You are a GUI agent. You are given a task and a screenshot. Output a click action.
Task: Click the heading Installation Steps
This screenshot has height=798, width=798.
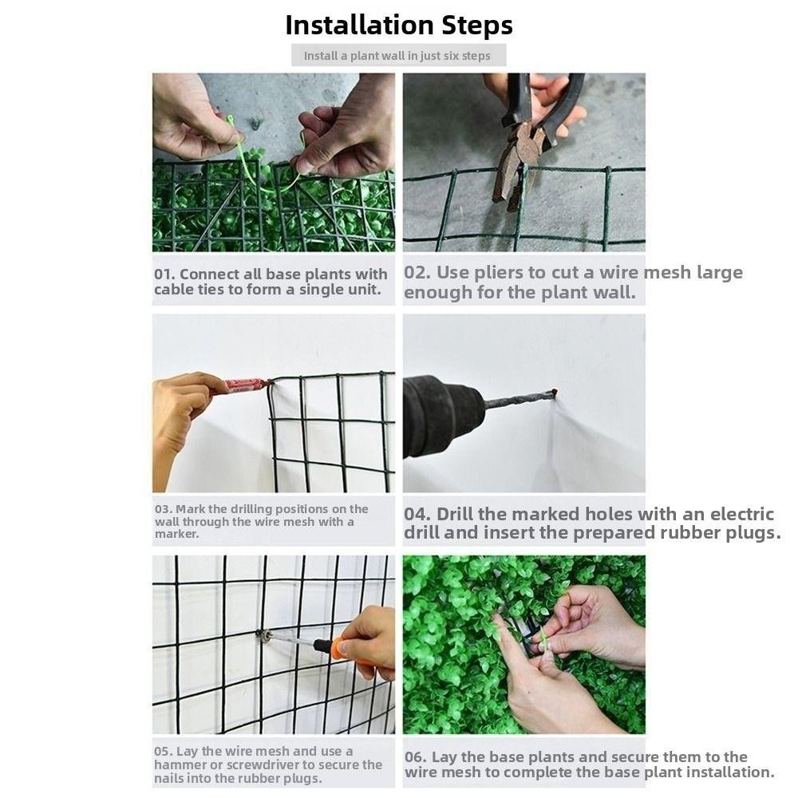(398, 26)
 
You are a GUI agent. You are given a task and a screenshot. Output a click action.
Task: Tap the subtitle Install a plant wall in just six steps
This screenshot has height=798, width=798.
(397, 56)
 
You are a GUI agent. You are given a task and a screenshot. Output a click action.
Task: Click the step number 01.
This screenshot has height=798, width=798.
(164, 275)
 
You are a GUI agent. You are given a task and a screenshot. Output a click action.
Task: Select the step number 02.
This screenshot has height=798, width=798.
(417, 272)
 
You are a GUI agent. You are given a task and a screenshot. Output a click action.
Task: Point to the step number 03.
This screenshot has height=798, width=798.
(164, 509)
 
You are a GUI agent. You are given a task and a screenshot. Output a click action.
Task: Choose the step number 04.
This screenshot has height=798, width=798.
(417, 514)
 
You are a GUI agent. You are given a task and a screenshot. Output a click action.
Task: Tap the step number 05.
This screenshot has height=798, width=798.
(164, 751)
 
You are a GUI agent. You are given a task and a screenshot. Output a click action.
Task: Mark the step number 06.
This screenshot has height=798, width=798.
(415, 757)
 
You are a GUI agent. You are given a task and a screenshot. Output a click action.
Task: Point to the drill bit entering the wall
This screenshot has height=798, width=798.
(520, 399)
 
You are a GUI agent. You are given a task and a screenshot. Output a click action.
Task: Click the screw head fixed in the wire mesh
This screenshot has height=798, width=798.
(263, 635)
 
